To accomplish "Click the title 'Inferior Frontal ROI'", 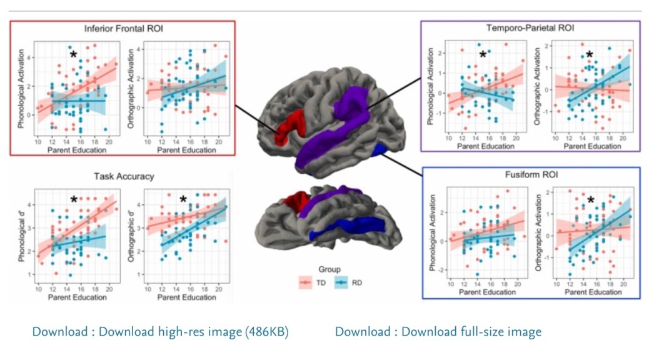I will pos(122,29).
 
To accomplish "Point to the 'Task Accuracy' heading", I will pos(122,177).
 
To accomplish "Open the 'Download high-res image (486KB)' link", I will pos(160,331).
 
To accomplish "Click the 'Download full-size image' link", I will pos(438,331).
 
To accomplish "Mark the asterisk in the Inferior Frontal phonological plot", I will pos(73,55).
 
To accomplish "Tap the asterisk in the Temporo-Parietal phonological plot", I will pos(483,55).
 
